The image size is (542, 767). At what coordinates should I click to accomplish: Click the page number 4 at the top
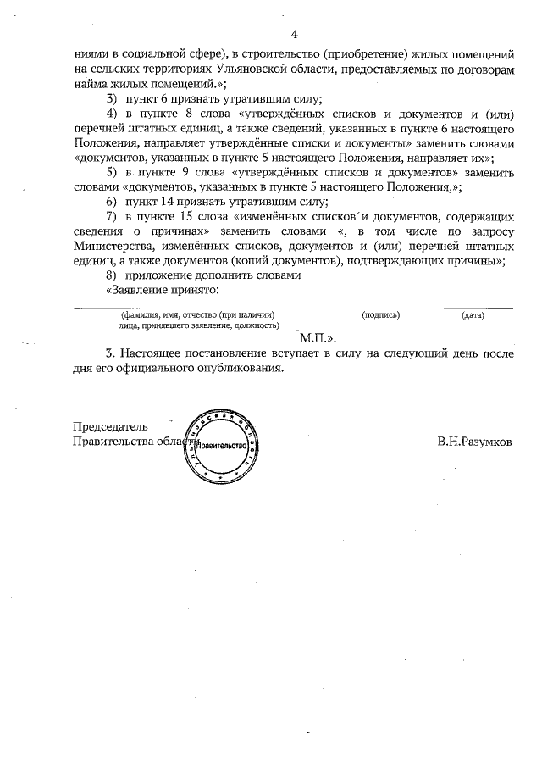click(294, 35)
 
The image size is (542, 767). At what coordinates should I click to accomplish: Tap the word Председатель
click(111, 426)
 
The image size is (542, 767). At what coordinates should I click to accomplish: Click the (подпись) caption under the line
click(380, 315)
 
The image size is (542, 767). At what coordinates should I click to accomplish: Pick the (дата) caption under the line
click(473, 315)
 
